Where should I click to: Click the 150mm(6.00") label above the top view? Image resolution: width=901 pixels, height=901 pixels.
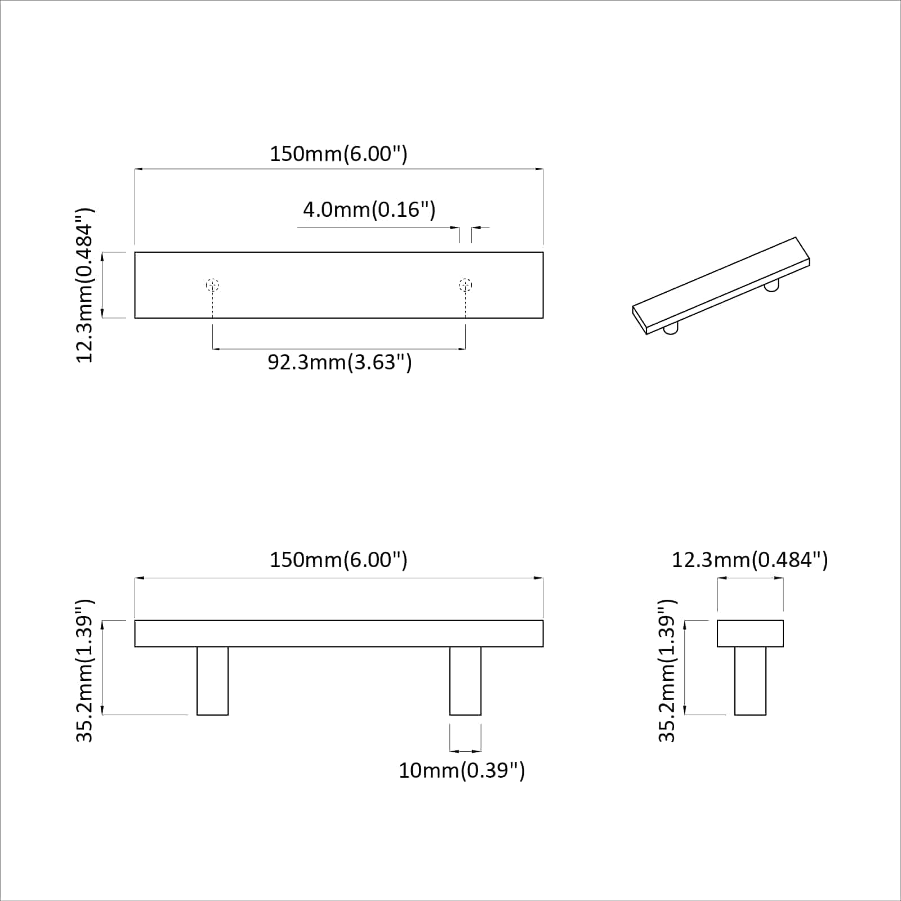(338, 154)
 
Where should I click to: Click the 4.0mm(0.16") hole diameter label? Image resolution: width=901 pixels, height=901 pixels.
(369, 209)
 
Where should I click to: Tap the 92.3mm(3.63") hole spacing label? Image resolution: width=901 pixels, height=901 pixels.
(340, 362)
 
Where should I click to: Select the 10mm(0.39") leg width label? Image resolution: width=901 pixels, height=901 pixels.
(462, 770)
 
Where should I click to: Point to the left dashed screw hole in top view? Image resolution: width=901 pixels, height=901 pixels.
(212, 285)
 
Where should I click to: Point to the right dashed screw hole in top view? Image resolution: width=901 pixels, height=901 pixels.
(465, 285)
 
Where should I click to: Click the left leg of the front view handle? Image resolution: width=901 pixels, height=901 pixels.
(212, 680)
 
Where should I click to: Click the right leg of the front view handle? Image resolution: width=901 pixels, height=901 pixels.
(465, 680)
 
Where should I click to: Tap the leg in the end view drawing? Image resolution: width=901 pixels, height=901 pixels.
(750, 680)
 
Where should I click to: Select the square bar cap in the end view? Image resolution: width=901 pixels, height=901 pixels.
(750, 634)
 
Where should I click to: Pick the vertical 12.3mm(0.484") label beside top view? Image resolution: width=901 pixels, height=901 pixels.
(85, 285)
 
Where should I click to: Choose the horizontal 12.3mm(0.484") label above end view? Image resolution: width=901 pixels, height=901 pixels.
(750, 560)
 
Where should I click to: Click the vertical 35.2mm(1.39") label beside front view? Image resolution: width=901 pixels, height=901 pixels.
(85, 670)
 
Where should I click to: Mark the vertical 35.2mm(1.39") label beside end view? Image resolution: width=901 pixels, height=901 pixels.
(667, 670)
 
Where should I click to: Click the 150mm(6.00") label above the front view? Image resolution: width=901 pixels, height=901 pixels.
(338, 560)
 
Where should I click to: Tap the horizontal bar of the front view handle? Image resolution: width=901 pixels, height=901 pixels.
(338, 634)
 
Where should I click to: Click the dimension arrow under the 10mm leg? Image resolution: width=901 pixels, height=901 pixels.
(465, 751)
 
